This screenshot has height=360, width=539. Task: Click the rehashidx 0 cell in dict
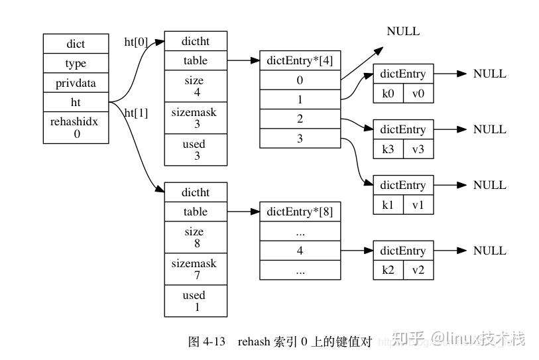76,127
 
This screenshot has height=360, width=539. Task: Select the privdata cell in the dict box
76,83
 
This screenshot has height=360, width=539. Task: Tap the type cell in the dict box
76,64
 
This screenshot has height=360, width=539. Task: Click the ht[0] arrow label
136,42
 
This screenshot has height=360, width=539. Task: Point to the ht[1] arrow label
136,113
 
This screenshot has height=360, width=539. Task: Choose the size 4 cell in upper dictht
195,86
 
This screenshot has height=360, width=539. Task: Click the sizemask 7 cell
195,269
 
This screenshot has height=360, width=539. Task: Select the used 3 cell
195,150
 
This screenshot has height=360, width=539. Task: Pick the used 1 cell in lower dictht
195,301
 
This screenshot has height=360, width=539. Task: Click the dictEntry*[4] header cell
300,61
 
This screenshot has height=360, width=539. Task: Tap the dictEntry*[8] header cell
300,212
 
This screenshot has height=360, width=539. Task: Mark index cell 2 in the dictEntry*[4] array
300,119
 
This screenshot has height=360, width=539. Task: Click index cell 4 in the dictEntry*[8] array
300,251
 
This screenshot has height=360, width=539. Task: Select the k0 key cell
388,93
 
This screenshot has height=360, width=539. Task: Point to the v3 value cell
418,149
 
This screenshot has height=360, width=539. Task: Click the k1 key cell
388,205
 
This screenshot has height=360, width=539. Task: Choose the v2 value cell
418,270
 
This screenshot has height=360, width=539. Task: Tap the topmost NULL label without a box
403,31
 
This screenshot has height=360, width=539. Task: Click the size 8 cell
195,237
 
